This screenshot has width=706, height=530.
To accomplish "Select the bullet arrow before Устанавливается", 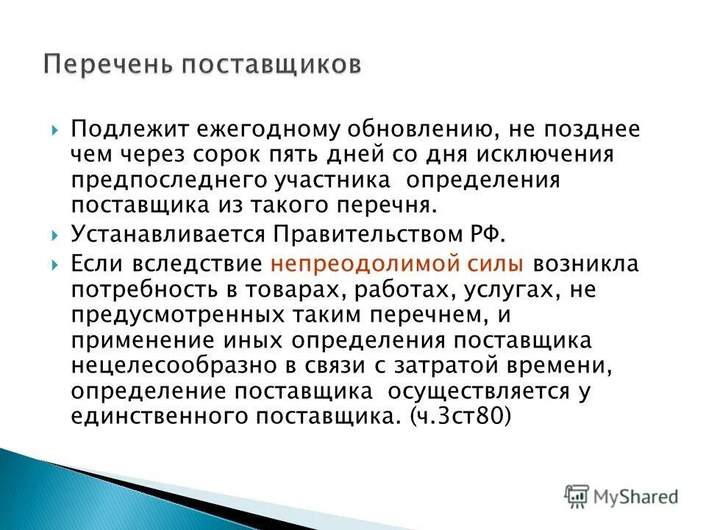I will pos(55,236).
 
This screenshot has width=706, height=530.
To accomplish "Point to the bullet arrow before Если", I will pos(55,264).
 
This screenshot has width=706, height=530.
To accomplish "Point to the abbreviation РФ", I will pos(488,235).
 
